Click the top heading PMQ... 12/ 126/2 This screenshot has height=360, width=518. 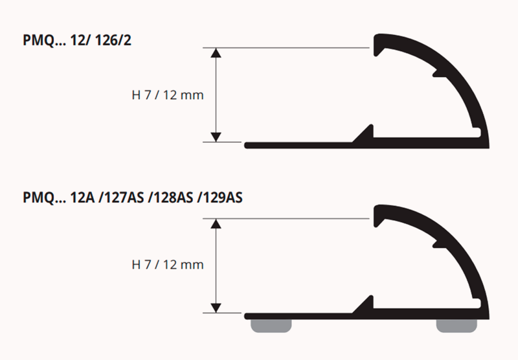[x=77, y=40]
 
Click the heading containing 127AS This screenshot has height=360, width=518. [x=133, y=197]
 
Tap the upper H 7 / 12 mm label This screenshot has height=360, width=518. [x=168, y=95]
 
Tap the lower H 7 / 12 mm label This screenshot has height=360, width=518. [x=168, y=265]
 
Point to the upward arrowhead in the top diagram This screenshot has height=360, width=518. [x=216, y=53]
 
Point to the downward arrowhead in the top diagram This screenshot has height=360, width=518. [x=216, y=137]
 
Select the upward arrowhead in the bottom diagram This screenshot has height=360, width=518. [x=216, y=223]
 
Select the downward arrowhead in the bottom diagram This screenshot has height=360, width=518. [x=216, y=308]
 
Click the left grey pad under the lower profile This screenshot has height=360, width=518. [x=271, y=326]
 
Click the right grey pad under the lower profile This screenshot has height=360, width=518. [x=456, y=326]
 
